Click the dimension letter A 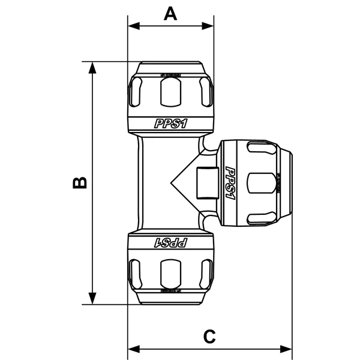171,13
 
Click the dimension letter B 80,182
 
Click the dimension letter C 209,337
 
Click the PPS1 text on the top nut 171,124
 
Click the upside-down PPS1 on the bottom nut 172,242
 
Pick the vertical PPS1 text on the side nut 230,183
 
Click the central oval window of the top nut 171,91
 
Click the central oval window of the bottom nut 171,274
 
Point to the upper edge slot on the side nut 259,148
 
